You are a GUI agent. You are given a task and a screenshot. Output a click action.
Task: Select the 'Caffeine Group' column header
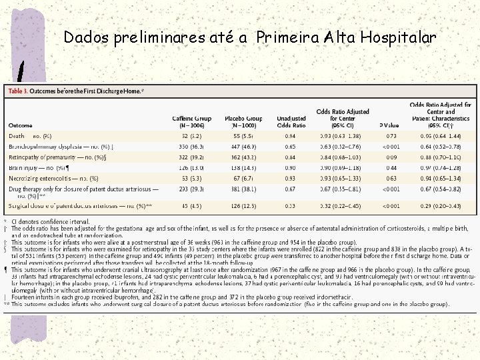pyautogui.click(x=191, y=121)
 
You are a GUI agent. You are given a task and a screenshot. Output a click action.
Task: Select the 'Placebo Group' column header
pyautogui.click(x=243, y=121)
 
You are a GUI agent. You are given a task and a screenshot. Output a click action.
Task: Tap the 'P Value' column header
pyautogui.click(x=389, y=125)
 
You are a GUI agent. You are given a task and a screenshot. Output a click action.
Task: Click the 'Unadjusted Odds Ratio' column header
pyautogui.click(x=291, y=121)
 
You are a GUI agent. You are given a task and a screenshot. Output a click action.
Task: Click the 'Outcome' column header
pyautogui.click(x=20, y=125)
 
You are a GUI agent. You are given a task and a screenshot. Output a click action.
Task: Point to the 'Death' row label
pyautogui.click(x=17, y=136)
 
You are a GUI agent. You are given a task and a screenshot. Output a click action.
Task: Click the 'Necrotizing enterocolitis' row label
pyautogui.click(x=53, y=179)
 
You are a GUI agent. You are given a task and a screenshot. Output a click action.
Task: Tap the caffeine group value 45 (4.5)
pyautogui.click(x=191, y=206)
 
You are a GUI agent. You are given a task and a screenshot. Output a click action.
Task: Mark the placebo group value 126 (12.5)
pyautogui.click(x=243, y=206)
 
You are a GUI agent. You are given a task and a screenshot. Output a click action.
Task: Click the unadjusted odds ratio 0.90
pyautogui.click(x=291, y=168)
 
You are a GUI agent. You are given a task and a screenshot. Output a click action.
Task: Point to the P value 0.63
pyautogui.click(x=391, y=179)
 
